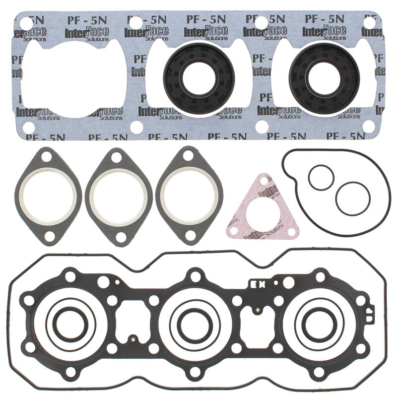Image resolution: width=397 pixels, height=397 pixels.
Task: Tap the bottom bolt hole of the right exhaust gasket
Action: pos(189,237)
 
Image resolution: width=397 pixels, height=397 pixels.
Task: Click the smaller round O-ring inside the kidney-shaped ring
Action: pos(319,178)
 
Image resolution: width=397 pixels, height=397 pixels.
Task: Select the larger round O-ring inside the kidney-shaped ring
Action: pos(353,198)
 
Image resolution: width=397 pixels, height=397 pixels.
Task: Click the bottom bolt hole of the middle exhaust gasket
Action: pos(118,237)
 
